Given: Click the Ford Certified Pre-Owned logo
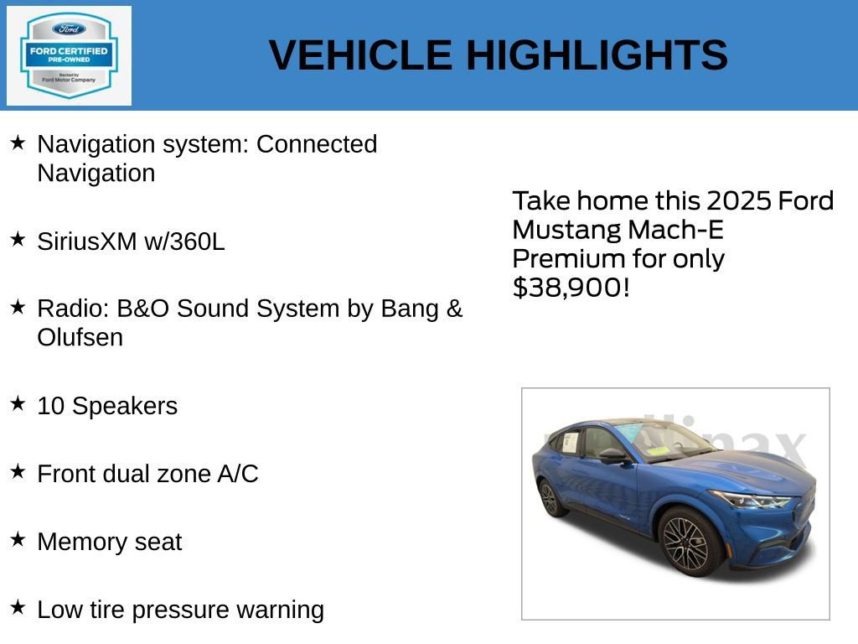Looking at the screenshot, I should (69, 55).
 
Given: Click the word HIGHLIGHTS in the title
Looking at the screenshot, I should (596, 55).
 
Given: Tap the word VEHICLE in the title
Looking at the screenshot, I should (360, 55).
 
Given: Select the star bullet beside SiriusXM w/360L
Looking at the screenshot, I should (18, 240).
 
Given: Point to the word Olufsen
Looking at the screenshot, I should (80, 338).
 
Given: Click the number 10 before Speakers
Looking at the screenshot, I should (50, 406).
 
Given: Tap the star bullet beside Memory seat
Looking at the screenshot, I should (18, 540).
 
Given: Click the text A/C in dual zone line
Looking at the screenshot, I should (238, 474).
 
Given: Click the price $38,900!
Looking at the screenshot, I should (571, 288).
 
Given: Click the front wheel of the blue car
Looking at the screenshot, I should (687, 543).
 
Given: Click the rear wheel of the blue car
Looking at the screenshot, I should (550, 497).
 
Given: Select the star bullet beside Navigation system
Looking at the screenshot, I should (18, 143).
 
